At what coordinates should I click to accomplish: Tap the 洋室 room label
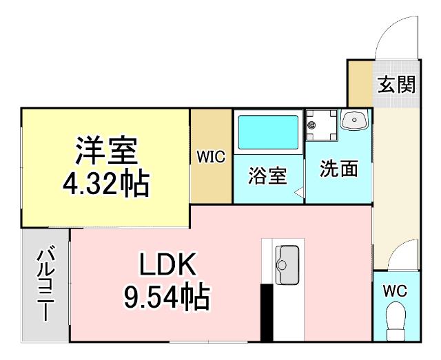click(x=107, y=149)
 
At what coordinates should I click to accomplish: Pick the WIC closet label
click(x=211, y=157)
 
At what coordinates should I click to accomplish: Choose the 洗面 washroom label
click(x=338, y=170)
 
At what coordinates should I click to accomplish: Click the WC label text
click(x=396, y=290)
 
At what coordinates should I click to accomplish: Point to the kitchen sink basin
click(x=285, y=262)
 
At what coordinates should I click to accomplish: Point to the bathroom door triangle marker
click(x=300, y=194)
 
